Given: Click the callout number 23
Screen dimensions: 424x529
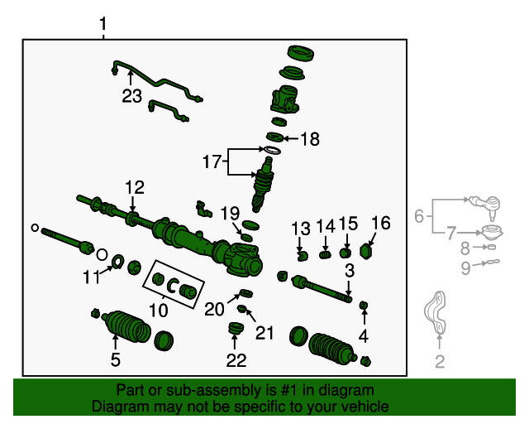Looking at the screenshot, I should point(132,96).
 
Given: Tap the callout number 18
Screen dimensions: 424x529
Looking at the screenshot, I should point(308,139).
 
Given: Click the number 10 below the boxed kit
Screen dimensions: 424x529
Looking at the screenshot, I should point(158,311).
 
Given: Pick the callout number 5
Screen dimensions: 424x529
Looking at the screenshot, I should point(116,359).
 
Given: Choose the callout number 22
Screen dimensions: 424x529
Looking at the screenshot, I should point(236,359).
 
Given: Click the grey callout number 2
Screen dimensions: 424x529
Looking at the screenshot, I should point(440,360).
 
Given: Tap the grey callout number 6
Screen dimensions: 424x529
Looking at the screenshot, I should point(419,216).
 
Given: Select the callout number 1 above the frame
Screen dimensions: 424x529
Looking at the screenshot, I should point(102,26).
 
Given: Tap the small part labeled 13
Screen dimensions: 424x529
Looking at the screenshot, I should point(302,253).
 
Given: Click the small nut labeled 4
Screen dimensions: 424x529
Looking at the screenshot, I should point(364,307).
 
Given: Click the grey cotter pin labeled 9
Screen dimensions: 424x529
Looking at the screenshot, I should point(492,263).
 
